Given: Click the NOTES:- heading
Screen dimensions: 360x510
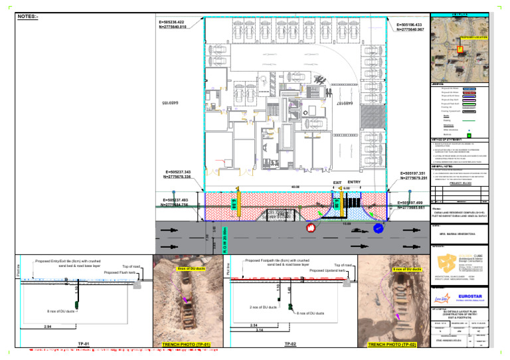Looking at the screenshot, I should click(27, 15).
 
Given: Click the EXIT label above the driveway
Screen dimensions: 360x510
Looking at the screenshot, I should click(338, 182).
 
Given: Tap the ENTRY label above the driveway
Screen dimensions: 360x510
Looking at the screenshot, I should click(354, 182).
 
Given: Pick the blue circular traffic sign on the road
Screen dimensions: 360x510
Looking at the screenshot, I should click(379, 228).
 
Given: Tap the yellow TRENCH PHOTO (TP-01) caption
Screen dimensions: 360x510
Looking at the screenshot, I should click(187, 345).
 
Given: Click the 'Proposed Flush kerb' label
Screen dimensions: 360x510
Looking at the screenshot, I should click(120, 272).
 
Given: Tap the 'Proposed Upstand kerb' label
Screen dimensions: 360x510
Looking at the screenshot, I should click(328, 271).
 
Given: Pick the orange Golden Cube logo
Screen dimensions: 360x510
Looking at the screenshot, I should click(447, 261).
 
